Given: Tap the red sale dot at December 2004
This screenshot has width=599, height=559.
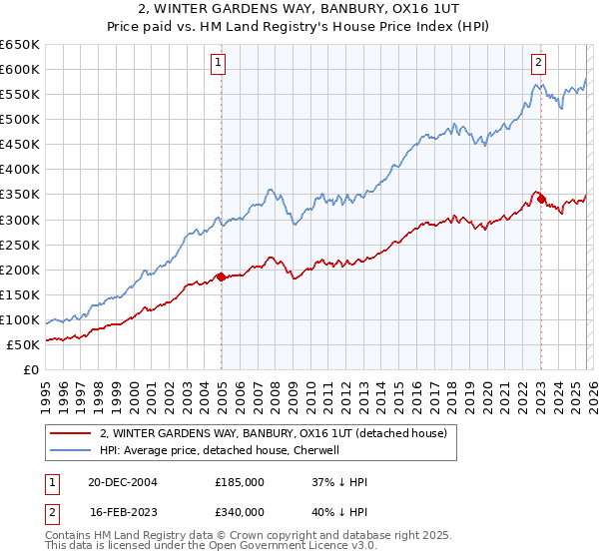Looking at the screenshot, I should coord(220,277).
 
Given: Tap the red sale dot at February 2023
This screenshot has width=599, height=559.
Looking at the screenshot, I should coord(541,199).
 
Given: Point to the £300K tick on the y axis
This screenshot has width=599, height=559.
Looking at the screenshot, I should coord(20,220).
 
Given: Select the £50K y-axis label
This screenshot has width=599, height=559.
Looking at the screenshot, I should coord(23,344).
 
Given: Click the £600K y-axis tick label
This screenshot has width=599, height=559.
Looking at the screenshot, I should coord(20,69).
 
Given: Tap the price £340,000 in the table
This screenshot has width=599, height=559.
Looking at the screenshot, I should coord(240,512).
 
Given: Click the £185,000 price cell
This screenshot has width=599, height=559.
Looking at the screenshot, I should coord(240,482).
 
